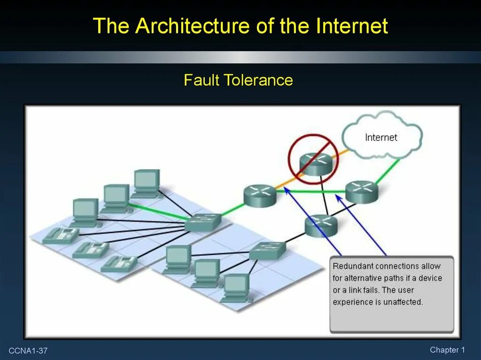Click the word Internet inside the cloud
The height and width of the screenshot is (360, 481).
[x=381, y=138]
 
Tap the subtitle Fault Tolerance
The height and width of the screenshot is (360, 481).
[x=238, y=80]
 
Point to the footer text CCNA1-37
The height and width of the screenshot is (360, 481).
[x=28, y=351]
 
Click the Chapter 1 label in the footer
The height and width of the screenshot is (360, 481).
[x=447, y=350]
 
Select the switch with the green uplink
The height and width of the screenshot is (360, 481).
[x=203, y=222]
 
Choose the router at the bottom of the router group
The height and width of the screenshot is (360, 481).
[x=321, y=226]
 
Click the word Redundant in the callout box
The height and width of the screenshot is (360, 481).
[x=353, y=266]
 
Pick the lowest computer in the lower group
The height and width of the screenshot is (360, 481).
[x=236, y=287]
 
